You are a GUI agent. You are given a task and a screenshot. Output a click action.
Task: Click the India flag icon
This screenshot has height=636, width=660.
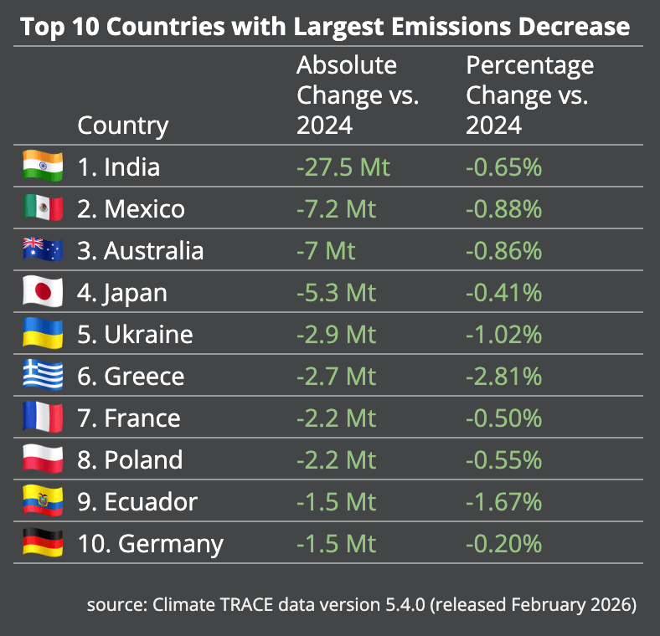[x=43, y=166]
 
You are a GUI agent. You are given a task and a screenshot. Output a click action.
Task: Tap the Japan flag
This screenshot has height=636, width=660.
[x=43, y=291]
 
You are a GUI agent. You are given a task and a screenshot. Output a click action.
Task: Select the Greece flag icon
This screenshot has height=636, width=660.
[x=43, y=375]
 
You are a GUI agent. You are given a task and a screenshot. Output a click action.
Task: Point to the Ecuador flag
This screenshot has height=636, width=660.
[x=43, y=500]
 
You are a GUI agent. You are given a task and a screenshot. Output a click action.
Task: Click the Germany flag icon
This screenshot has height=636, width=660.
[x=43, y=542]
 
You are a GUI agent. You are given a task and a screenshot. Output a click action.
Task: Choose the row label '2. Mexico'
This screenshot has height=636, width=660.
[x=131, y=208]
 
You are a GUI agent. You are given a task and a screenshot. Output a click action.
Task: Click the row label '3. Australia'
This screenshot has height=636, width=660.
[x=140, y=250]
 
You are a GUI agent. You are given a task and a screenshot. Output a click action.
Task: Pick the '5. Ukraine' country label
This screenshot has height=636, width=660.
[x=135, y=334]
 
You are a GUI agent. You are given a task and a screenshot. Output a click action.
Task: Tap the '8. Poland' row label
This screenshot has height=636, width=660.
[x=130, y=459]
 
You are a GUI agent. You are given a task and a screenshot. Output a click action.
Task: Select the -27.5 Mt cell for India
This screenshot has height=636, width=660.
[x=343, y=167]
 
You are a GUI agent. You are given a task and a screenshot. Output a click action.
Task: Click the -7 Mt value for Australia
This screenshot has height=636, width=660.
[x=326, y=250]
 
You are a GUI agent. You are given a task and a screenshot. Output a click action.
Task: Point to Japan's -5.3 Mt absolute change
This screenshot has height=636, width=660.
[x=336, y=292]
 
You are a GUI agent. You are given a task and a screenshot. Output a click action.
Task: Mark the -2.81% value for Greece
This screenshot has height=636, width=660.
[x=503, y=376]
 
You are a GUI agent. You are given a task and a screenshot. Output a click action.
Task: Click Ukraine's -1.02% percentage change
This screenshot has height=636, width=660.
[x=503, y=334]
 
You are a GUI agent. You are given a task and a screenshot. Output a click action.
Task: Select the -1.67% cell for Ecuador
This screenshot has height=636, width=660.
[x=503, y=501]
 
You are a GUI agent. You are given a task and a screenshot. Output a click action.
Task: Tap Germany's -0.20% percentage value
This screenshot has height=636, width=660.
[x=503, y=543]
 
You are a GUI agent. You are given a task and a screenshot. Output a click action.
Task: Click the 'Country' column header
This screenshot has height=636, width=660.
[x=123, y=126]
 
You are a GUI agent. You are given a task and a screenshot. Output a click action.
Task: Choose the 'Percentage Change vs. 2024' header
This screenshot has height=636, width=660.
[x=529, y=95]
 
